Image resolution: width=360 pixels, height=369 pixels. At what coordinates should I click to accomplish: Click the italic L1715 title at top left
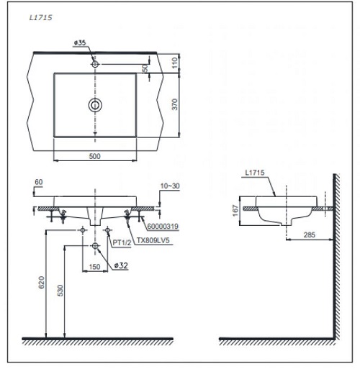pyautogui.click(x=40, y=18)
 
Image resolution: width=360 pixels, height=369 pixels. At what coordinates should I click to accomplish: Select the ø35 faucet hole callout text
pyautogui.click(x=80, y=42)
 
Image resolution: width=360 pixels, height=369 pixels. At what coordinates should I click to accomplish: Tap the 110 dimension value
pyautogui.click(x=176, y=63)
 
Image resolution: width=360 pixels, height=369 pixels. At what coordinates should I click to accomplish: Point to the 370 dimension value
pyautogui.click(x=175, y=104)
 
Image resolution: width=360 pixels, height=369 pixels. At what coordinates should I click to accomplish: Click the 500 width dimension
pyautogui.click(x=94, y=156)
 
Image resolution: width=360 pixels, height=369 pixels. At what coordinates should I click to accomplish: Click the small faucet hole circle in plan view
pyautogui.click(x=95, y=64)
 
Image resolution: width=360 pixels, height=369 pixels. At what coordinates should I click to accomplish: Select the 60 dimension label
pyautogui.click(x=39, y=182)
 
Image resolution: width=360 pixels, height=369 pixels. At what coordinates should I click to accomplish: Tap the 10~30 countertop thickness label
pyautogui.click(x=170, y=186)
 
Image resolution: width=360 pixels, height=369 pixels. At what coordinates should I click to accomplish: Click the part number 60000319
pyautogui.click(x=163, y=226)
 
